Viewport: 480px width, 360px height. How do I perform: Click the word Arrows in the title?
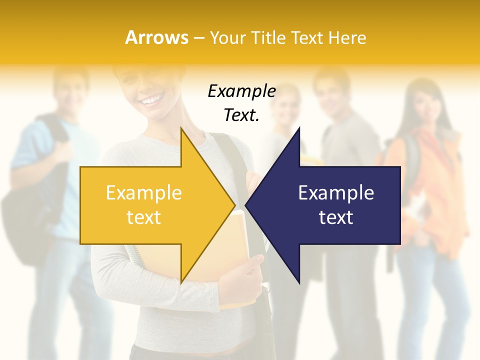tap(156, 37)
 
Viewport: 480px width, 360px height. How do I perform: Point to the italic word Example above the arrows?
tap(241, 91)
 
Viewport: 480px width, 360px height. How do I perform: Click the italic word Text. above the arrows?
tap(241, 115)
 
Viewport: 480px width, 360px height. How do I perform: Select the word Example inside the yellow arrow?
tap(143, 192)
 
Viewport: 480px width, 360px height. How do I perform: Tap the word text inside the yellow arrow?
tap(143, 217)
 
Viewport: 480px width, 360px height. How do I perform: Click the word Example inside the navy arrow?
tap(336, 192)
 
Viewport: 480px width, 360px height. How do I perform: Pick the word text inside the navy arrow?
tap(336, 217)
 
